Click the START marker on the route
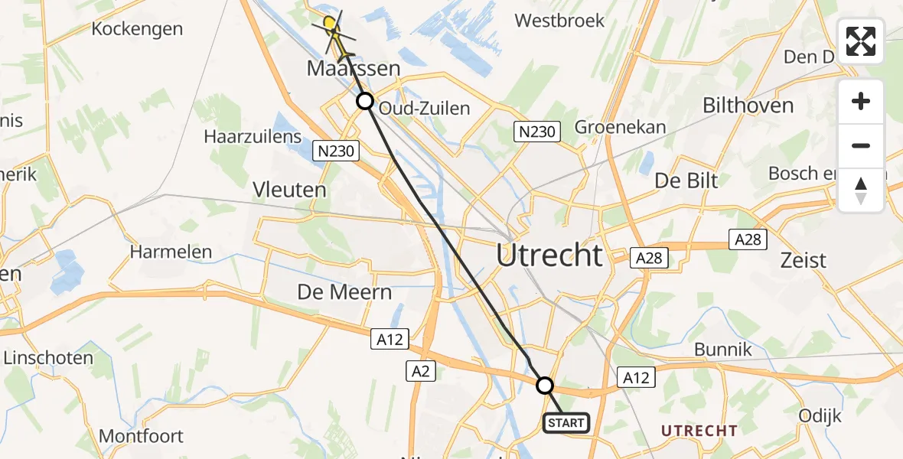coord(566,423)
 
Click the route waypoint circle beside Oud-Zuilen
coord(365,101)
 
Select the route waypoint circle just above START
coord(544,385)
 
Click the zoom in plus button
coord(861,101)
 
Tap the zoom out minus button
coord(861,145)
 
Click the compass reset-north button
coord(861,190)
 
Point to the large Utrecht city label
coord(549,255)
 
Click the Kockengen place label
coord(137,29)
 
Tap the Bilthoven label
coord(748,106)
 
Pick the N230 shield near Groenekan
coord(536,132)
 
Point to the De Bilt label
coord(686,181)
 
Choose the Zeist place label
coord(803,260)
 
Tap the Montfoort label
coord(141,436)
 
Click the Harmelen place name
coord(165,251)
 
